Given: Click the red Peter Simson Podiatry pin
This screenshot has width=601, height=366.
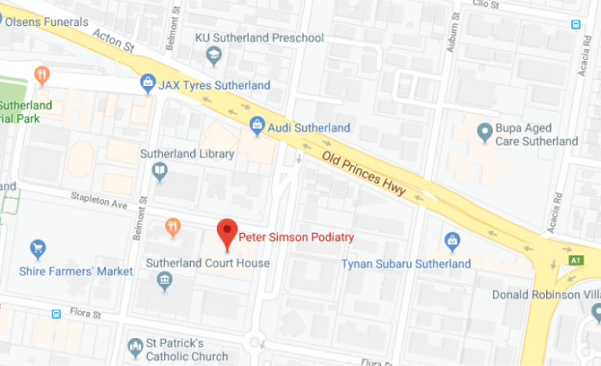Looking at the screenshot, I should click(x=227, y=232).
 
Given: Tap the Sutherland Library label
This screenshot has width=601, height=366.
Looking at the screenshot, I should click(x=187, y=154).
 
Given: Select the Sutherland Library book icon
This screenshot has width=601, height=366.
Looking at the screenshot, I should click(x=160, y=170).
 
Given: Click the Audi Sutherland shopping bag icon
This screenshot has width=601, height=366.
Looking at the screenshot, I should click(x=257, y=124).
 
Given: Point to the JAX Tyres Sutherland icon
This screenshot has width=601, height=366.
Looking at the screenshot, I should click(x=147, y=82).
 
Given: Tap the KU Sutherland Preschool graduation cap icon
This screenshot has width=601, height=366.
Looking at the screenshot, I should click(x=213, y=55).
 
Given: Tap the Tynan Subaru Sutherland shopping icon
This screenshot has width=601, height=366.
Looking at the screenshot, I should click(x=452, y=241).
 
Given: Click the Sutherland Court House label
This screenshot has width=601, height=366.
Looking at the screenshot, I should click(x=208, y=264).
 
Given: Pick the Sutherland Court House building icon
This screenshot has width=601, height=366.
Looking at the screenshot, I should click(x=164, y=280).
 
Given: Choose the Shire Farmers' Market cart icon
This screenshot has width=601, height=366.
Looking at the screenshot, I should click(x=38, y=250).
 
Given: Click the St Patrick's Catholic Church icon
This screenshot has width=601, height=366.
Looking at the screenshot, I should click(x=135, y=346).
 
